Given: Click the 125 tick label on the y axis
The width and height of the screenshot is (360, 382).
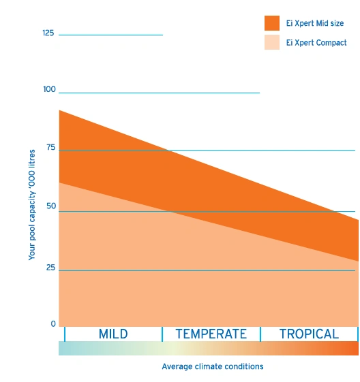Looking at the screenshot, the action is coord(48,33).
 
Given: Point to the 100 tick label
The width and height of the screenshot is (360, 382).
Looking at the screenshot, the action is coord(49,89).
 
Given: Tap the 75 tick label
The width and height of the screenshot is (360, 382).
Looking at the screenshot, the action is coord(51,147).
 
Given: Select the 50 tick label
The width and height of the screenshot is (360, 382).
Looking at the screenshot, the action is coord(51,206).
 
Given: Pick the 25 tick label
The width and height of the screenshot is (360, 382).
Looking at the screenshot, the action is coord(50,268).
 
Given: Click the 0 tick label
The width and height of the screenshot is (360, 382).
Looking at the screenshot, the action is coord(53,323).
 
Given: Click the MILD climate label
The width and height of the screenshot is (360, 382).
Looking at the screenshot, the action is coord(113,334).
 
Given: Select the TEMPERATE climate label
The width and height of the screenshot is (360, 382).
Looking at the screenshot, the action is coord(211,334).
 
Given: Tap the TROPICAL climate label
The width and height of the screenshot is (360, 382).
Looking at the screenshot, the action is coord(309,334).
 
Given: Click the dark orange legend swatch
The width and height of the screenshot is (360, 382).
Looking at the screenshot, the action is coord(272,23).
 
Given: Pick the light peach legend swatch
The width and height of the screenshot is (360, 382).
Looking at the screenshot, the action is coord(272,42).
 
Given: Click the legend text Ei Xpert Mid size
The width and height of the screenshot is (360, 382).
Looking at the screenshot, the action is coord(315,23).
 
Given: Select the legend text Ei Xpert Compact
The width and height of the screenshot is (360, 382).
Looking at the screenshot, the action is coord(316,43).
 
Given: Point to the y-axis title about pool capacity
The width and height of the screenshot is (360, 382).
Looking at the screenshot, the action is coord(32,205).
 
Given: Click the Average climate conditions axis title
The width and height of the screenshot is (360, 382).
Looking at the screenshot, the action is coord(213,366).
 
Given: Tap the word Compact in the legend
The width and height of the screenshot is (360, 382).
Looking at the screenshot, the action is coord(331,43).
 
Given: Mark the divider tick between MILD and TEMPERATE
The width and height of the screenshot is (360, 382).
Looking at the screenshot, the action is coord(162,334).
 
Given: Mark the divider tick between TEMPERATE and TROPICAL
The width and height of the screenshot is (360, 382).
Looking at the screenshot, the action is coord(260,334).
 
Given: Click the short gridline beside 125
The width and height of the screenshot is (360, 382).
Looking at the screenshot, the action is coord(110,35).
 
